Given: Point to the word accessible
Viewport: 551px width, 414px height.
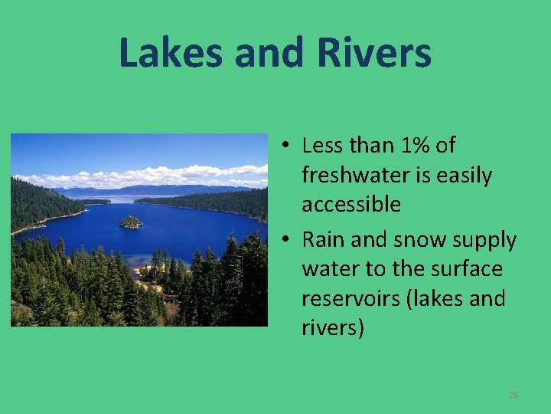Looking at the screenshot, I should pos(351,204).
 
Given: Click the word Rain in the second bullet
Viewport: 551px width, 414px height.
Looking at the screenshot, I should pos(324,240).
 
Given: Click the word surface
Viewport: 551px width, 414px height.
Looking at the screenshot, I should pos(466,269).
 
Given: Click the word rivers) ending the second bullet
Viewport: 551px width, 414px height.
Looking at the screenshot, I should pos(333,328).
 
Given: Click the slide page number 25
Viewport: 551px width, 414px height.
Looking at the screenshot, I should pos(513,394).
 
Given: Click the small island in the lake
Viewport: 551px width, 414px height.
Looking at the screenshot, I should pos(131,222).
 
